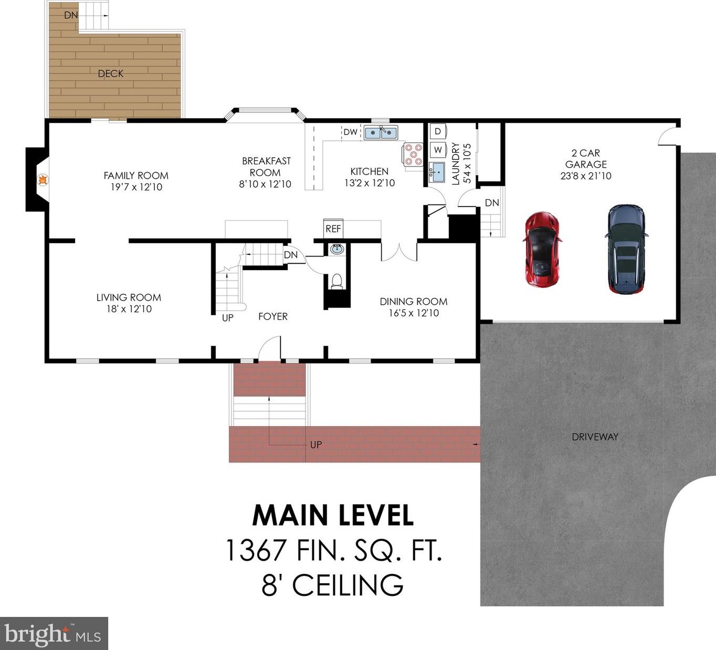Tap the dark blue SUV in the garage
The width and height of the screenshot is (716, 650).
626,249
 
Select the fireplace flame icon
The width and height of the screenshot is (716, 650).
43,180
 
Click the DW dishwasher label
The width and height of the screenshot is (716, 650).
351,132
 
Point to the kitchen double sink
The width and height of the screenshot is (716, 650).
381,132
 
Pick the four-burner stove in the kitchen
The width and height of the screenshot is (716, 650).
413,154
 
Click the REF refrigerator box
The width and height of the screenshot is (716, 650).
333,229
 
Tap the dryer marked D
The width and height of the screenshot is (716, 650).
438,131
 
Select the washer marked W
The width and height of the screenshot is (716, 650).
438,150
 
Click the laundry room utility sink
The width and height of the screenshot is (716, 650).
437,172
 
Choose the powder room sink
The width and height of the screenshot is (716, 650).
337,249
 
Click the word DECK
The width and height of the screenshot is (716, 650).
111,74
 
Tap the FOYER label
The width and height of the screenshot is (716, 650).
273,316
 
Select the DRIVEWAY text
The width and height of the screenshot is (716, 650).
595,437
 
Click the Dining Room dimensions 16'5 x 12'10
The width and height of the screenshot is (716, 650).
414,313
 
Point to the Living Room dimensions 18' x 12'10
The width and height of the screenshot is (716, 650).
129,309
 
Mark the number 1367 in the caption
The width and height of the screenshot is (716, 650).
256,550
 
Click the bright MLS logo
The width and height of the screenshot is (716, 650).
54,634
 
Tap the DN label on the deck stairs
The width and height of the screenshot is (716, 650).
71,15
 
